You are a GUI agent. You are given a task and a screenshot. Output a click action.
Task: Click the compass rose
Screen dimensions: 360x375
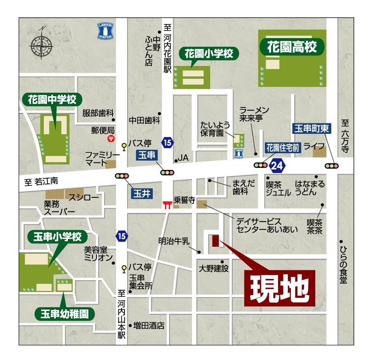[41, 45]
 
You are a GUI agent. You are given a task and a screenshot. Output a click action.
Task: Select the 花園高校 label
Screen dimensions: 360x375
[292, 47]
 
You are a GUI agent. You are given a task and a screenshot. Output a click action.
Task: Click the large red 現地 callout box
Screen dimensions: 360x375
[280, 286]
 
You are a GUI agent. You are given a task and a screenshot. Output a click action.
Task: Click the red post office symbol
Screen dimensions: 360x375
[111, 138]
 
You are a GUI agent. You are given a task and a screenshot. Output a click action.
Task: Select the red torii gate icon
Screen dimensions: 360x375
[167, 204]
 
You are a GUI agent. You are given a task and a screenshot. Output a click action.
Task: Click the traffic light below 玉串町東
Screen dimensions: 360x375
[332, 166]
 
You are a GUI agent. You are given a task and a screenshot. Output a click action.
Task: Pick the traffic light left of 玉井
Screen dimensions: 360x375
[121, 176]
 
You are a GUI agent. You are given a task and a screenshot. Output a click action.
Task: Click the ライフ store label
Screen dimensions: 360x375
[311, 146]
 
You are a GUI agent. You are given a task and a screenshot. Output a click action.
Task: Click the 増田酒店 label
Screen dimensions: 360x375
[149, 325]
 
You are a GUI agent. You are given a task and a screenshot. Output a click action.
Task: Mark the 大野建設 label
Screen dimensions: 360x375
[213, 268]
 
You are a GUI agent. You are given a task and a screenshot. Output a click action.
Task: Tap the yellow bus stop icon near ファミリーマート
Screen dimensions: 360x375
[124, 146]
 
